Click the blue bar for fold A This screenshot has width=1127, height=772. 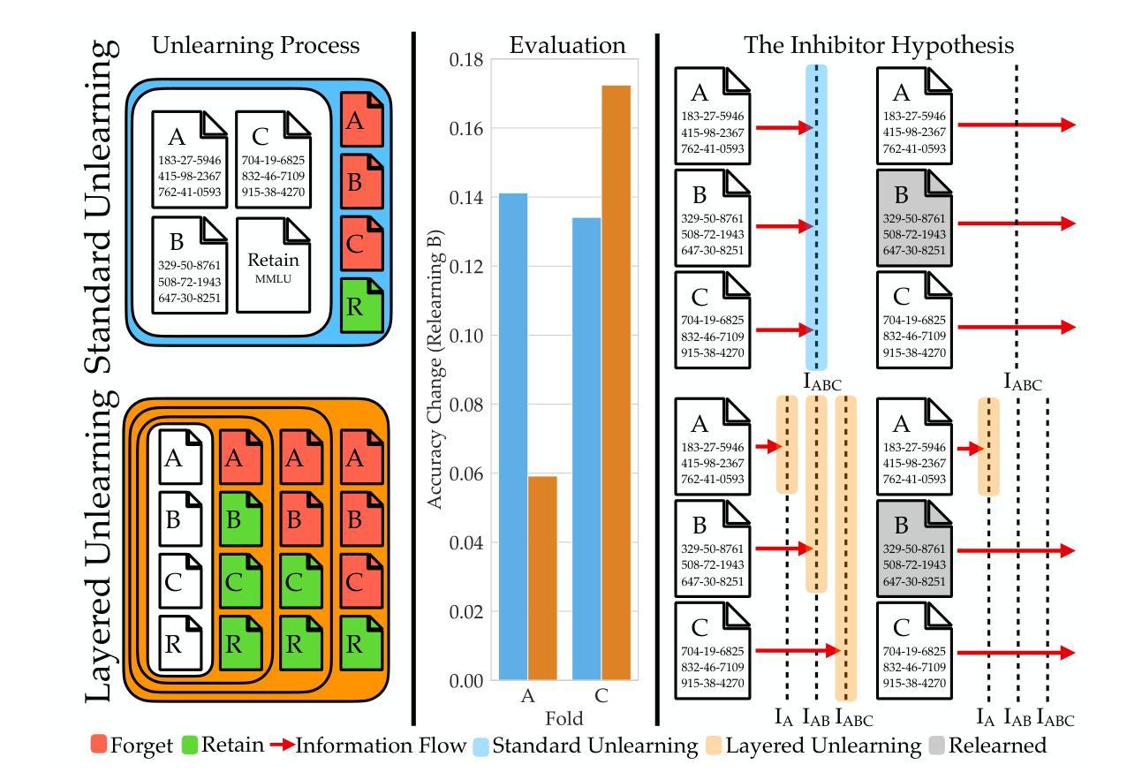(513, 436)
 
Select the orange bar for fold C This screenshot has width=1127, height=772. (616, 382)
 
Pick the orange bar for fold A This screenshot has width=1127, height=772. (542, 578)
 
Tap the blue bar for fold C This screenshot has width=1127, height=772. (586, 449)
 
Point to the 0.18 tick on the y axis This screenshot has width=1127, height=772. (465, 60)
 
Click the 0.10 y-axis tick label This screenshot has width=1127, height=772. (465, 336)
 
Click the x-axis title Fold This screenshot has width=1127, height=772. (564, 718)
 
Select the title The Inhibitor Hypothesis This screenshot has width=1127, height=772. (879, 45)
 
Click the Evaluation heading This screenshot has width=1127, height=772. (567, 45)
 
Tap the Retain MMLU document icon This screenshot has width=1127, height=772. (273, 265)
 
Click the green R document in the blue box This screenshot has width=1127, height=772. (361, 306)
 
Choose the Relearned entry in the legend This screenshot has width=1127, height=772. (987, 746)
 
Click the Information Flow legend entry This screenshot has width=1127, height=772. (368, 746)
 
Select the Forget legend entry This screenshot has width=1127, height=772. (132, 746)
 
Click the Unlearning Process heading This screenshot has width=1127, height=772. (255, 45)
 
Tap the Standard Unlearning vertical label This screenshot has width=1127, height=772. (102, 207)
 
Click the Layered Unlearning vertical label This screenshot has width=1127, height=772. (102, 547)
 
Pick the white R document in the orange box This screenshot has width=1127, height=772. (181, 643)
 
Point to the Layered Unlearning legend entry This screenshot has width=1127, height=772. (813, 746)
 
